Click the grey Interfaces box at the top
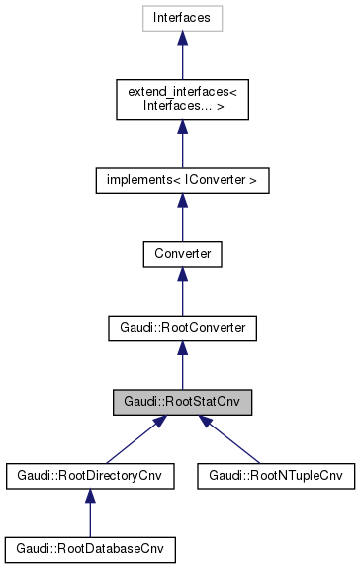182,17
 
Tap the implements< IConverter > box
182,181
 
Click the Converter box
182,254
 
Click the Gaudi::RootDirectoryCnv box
90,474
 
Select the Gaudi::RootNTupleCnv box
274,474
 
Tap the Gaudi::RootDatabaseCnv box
90,547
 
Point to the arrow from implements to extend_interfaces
182,146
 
